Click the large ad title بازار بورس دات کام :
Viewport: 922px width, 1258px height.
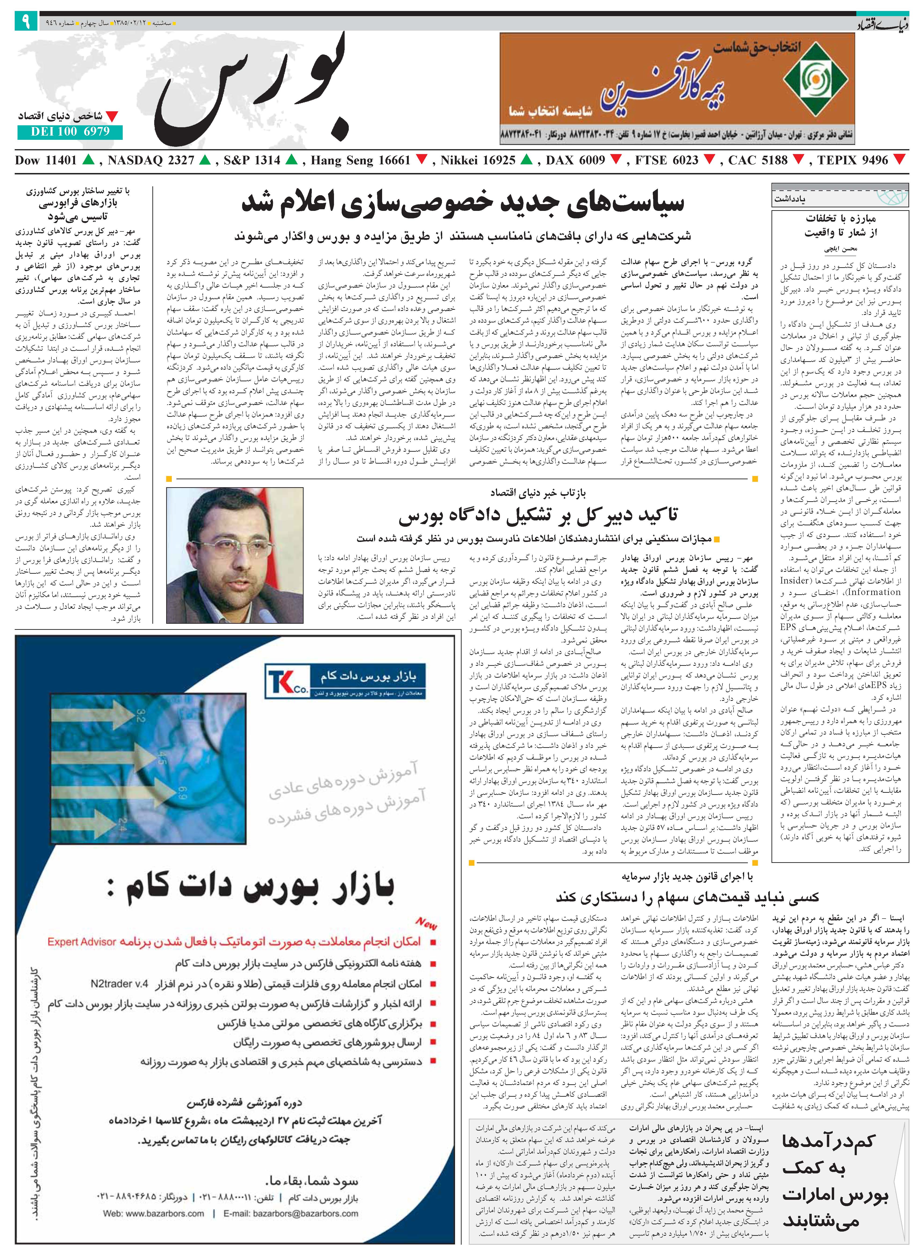tap(251, 888)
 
